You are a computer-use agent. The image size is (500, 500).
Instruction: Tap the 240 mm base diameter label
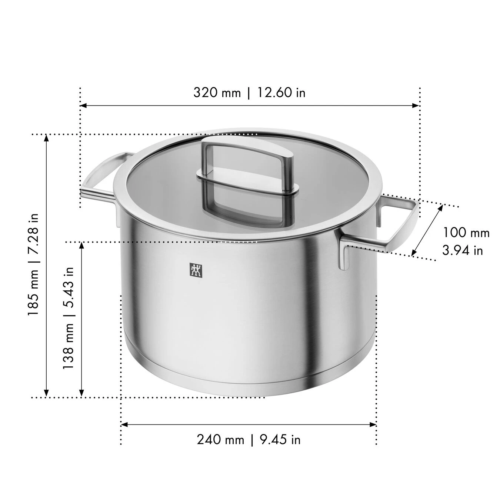tap(220, 440)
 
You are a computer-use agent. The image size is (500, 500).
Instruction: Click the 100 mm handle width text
tap(466, 233)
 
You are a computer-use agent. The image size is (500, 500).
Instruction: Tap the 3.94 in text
tap(463, 250)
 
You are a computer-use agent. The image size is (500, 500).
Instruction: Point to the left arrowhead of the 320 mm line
tap(84, 106)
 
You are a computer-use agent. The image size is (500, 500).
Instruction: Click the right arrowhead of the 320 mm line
tap(416, 106)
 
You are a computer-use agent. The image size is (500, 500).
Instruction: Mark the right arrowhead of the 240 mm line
tap(373, 424)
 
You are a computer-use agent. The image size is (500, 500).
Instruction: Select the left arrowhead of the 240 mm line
tap(124, 424)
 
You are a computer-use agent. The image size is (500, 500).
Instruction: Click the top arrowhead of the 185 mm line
tap(46, 138)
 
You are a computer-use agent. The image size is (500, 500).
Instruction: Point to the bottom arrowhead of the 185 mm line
tap(46, 394)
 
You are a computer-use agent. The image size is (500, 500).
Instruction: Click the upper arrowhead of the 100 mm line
tap(441, 207)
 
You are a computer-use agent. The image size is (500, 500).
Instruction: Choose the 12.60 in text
tap(281, 92)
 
